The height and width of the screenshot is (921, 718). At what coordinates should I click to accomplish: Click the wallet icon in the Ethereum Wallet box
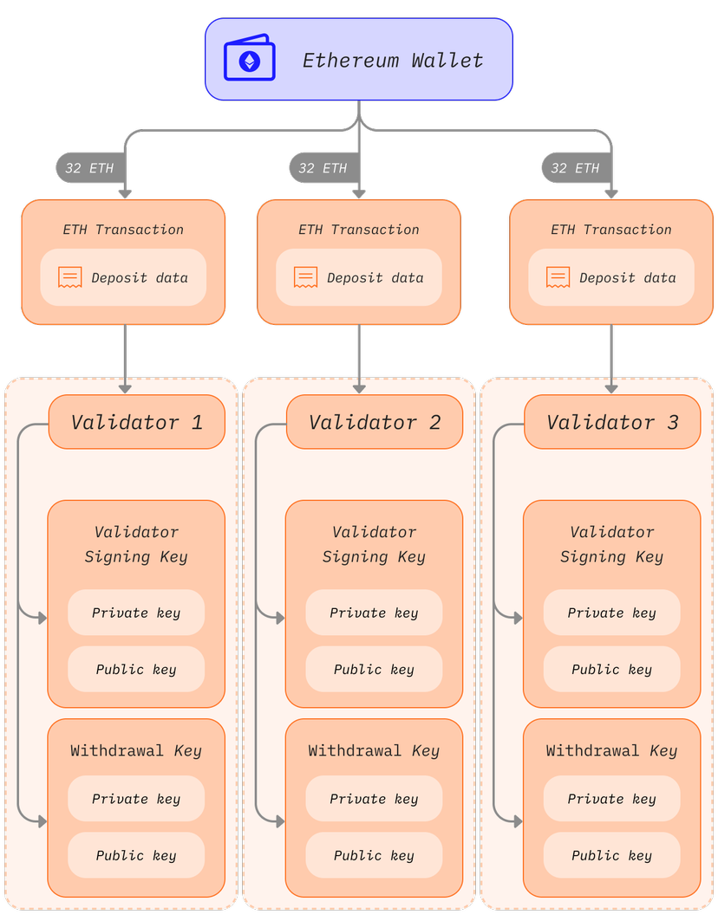(x=250, y=60)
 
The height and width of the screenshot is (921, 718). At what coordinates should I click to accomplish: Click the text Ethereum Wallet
(x=392, y=61)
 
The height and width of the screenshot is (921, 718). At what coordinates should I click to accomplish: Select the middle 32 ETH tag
(x=323, y=168)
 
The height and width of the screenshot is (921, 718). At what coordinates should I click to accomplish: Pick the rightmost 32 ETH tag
(x=575, y=168)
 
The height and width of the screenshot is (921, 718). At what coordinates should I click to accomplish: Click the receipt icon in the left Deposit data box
(x=70, y=277)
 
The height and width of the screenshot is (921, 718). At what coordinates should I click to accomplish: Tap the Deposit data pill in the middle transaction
(x=359, y=278)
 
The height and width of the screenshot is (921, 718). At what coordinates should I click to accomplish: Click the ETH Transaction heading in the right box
(x=610, y=230)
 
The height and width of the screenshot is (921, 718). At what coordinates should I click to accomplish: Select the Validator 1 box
(x=136, y=422)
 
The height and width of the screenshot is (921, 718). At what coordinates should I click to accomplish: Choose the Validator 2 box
(x=374, y=422)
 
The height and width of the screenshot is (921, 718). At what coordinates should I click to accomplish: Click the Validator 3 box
(x=611, y=422)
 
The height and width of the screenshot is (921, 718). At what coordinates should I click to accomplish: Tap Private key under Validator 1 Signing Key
(x=136, y=613)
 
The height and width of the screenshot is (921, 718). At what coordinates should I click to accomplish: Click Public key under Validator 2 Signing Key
(x=374, y=669)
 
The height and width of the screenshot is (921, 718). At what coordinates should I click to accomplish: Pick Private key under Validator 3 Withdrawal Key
(x=611, y=799)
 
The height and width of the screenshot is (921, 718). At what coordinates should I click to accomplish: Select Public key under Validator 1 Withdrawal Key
(x=136, y=855)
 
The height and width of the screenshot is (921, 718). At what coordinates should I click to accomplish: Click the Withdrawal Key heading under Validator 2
(x=374, y=750)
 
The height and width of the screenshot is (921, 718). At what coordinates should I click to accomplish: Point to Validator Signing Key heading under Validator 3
(x=611, y=544)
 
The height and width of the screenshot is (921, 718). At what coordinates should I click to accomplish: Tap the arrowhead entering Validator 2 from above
(x=359, y=388)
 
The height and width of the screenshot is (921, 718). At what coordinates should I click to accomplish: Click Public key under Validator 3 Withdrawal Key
(x=611, y=855)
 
